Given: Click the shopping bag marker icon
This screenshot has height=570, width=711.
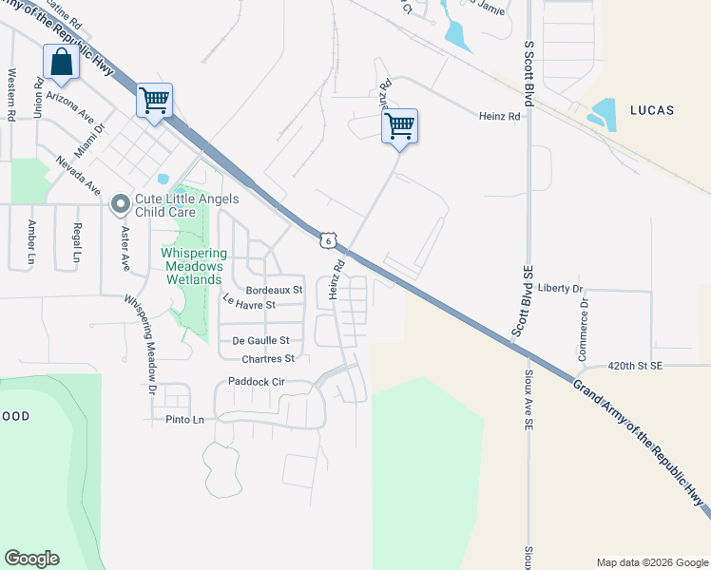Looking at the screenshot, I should click(x=61, y=64).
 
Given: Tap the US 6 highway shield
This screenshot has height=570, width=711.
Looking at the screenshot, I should click(x=328, y=241).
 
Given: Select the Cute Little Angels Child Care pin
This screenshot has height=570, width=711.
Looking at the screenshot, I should click(x=121, y=204).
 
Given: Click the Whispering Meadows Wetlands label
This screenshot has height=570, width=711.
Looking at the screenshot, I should click(x=193, y=266).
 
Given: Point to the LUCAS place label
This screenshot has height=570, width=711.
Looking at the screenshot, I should click(x=651, y=110).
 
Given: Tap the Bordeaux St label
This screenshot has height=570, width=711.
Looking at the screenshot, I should click(x=274, y=289).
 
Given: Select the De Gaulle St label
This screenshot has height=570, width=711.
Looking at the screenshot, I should click(x=259, y=340).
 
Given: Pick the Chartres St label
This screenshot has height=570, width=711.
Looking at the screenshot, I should click(x=269, y=359).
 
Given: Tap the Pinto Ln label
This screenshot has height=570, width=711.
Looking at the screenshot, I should click(x=185, y=419).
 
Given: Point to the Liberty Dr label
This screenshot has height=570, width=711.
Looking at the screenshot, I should click(x=560, y=288).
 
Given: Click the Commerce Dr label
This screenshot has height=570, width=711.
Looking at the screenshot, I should click(x=585, y=329).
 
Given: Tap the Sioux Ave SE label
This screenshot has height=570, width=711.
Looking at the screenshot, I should click(x=528, y=400).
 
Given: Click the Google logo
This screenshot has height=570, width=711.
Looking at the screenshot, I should click(x=31, y=559).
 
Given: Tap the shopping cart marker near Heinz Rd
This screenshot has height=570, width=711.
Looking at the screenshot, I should click(x=400, y=125).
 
